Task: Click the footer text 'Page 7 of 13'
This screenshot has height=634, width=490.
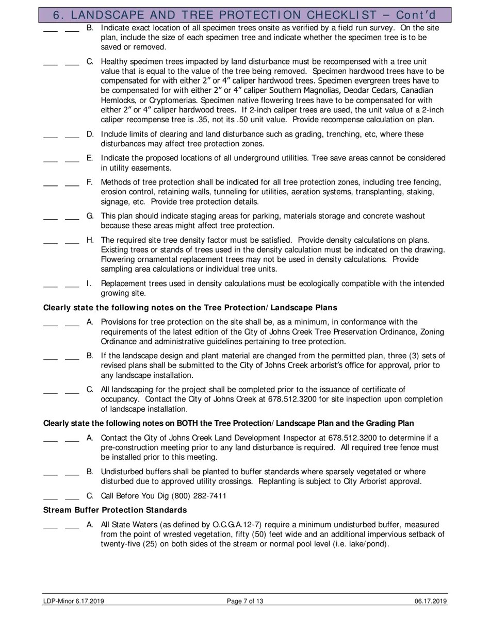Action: point(245,601)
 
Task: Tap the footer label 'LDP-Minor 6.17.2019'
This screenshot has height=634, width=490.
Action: point(74,601)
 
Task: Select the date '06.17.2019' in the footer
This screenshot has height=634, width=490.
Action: point(431,601)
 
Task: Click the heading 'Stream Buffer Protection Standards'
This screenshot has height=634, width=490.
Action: point(115,510)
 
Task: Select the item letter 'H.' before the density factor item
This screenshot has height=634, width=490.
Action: point(90,240)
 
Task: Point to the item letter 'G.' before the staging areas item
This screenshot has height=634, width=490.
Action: point(90,216)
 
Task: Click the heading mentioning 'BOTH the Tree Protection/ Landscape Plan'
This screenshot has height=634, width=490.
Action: point(228,424)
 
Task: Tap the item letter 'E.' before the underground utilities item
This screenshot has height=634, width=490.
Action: point(90,158)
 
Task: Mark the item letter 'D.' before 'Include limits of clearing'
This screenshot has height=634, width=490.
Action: point(90,134)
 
